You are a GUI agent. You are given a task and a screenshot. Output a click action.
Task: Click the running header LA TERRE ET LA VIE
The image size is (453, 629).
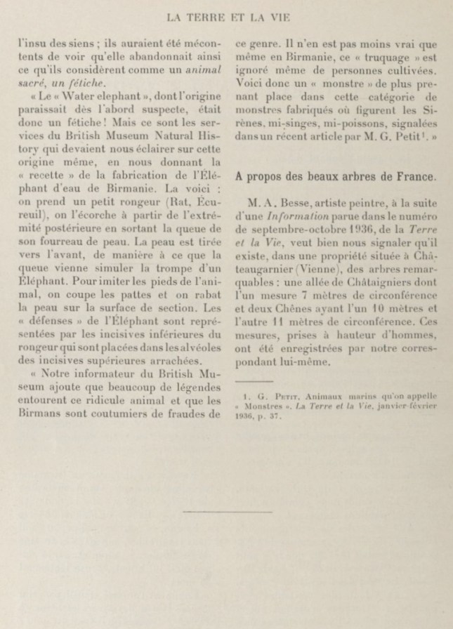[x=226, y=11]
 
